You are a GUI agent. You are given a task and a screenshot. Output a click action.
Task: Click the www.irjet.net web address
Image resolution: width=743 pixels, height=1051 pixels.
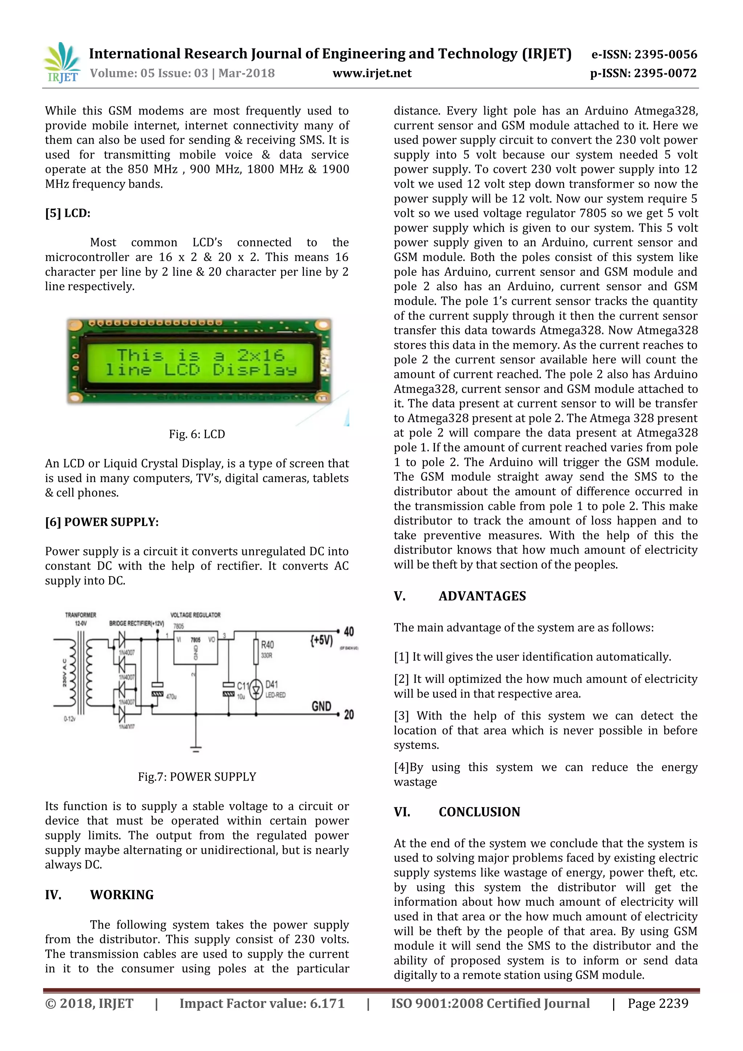pos(371,73)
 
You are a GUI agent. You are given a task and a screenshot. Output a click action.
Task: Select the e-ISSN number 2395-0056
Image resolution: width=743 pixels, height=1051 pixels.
pos(666,54)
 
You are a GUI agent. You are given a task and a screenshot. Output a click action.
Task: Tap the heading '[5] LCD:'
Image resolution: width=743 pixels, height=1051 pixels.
pos(68,213)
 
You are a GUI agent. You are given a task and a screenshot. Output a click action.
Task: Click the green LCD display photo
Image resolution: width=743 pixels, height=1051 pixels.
pos(200,362)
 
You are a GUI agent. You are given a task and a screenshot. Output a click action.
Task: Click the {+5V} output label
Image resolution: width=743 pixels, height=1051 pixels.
pos(322,640)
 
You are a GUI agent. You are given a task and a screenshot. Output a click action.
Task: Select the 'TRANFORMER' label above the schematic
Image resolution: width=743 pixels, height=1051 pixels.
pos(81,615)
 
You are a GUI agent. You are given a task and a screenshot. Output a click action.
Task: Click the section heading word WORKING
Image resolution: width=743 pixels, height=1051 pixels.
pos(122,895)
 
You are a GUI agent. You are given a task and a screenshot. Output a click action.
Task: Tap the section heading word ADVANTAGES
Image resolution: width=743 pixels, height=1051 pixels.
pos(482,596)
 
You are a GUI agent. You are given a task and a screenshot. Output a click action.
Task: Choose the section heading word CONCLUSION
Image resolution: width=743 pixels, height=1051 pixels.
pos(480,812)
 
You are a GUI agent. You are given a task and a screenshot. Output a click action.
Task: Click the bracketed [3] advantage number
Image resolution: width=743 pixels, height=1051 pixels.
pos(401,716)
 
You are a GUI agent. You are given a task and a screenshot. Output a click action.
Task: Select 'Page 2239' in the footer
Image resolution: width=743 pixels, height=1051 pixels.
pos(657,1003)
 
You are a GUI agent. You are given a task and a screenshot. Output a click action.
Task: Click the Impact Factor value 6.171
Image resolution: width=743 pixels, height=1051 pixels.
pos(327,1003)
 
